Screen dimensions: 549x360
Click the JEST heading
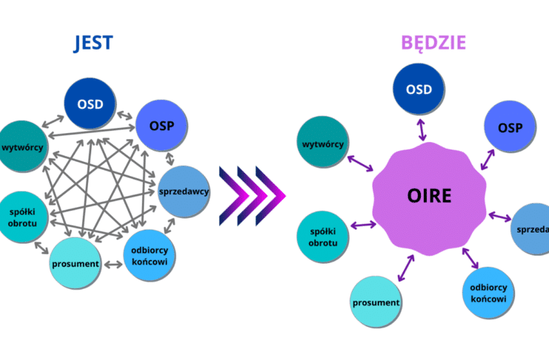click(x=93, y=43)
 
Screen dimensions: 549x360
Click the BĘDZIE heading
click(x=433, y=43)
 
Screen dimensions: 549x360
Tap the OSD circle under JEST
click(x=90, y=104)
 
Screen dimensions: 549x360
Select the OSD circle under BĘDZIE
click(x=419, y=89)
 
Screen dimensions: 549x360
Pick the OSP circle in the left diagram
click(x=162, y=125)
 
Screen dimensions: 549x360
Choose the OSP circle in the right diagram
click(x=510, y=127)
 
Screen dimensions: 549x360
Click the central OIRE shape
click(x=429, y=199)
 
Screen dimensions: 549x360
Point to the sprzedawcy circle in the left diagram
click(x=184, y=192)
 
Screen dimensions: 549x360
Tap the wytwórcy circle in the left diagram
click(x=22, y=147)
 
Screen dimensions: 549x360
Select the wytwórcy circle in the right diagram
click(x=323, y=141)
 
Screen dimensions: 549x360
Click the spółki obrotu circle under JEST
click(x=22, y=217)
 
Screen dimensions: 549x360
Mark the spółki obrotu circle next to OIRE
click(x=323, y=237)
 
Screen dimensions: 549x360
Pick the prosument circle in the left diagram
click(x=76, y=263)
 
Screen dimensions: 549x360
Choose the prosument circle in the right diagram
click(x=376, y=302)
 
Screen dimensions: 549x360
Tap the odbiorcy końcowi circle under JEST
click(x=149, y=256)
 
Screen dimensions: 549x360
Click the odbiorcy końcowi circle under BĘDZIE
click(x=488, y=293)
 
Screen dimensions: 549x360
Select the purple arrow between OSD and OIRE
click(x=422, y=130)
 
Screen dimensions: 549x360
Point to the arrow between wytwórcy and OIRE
click(x=360, y=164)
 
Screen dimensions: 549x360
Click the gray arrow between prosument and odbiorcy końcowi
click(x=113, y=264)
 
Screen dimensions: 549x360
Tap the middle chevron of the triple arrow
click(x=252, y=196)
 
